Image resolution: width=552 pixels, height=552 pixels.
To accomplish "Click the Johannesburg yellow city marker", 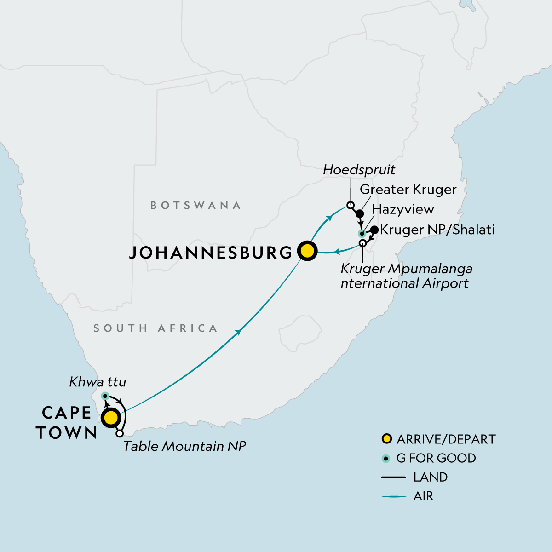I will coord(307,251).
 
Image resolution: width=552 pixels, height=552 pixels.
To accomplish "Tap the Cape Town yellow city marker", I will coord(111,419).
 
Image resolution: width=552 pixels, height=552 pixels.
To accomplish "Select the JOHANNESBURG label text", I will coord(211,253).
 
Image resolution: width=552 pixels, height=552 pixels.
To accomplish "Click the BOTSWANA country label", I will coord(195,205).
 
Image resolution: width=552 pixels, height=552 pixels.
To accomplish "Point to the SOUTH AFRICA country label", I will coord(155,328).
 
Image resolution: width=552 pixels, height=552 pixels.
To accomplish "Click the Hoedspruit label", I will coord(359,170).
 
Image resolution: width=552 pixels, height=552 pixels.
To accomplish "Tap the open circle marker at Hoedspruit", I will coord(350,205).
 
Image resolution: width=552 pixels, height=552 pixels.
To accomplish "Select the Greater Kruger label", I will coord(408,190).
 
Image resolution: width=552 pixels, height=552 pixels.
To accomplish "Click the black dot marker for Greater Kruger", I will coord(360,214).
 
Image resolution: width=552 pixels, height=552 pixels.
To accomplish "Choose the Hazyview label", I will coord(403,210).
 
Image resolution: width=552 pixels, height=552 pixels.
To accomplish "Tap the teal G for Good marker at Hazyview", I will coord(362,234).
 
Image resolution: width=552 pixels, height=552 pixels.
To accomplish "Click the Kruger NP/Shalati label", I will coord(437,230).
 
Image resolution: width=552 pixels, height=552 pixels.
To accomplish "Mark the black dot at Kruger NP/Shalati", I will coord(374,230).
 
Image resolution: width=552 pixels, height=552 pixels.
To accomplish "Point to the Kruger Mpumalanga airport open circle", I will coord(363,242).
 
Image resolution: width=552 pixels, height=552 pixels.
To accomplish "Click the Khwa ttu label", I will coord(98,382).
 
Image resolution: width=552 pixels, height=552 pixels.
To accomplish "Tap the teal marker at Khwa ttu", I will coord(105,396).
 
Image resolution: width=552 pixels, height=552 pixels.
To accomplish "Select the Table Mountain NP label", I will coord(184,446).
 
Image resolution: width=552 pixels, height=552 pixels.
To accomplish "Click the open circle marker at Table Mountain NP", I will coord(120,434).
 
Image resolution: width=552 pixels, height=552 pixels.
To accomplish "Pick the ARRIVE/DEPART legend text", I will coord(446,439).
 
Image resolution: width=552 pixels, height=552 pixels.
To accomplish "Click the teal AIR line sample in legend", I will coord(394,496).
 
